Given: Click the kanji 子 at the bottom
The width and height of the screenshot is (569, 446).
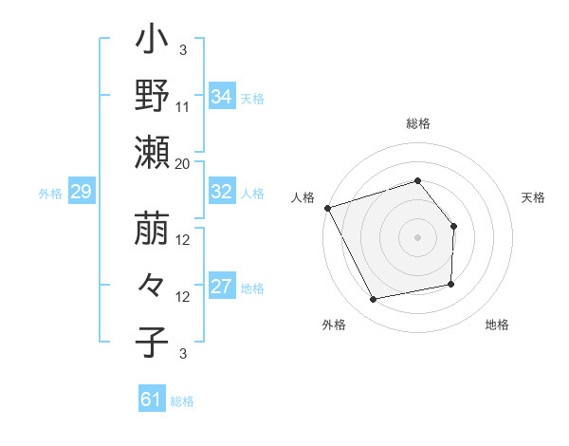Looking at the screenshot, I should (153, 342).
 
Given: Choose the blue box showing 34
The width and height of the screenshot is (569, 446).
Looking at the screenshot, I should (221, 96).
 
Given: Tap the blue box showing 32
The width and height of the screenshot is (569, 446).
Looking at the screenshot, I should (221, 192).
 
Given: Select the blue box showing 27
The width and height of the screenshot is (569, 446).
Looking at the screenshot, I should (221, 288).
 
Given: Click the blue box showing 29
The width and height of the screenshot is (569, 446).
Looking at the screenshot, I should (81, 193).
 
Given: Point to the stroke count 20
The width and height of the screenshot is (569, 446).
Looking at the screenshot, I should (183, 163).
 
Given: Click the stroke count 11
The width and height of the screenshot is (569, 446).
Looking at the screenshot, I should (183, 106).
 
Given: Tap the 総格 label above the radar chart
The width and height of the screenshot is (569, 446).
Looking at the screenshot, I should (417, 123).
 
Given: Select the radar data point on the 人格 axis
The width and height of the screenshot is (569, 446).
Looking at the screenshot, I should (328, 207).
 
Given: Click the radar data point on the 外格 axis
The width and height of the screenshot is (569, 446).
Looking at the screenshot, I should (374, 300).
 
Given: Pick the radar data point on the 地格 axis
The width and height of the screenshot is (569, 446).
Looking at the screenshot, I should (451, 284).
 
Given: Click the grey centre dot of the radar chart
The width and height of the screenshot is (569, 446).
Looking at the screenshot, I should (417, 236).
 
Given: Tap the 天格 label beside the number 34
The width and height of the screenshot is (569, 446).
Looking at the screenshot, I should (252, 97).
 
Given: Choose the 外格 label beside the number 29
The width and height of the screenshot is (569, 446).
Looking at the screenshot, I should (50, 194).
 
